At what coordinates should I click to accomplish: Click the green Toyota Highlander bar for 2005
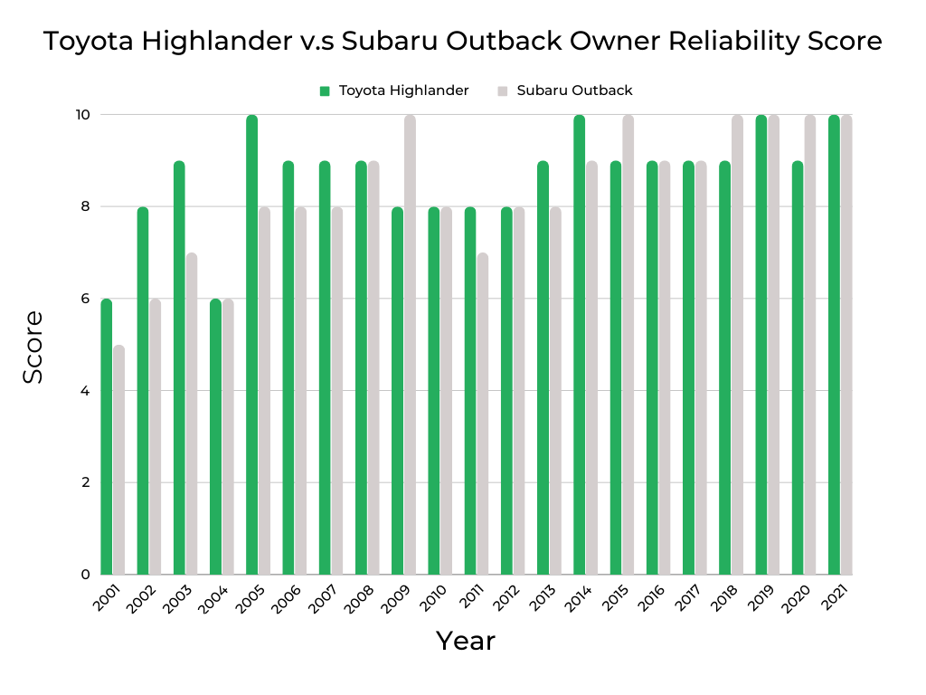251,345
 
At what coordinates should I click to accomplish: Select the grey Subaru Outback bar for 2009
410,345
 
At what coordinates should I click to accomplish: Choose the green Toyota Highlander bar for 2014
579,345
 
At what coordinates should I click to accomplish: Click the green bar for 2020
797,367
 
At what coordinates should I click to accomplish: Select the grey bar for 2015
628,345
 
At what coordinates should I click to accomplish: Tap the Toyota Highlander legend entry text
403,90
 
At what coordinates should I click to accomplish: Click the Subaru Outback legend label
574,90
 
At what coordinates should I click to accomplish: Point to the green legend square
325,90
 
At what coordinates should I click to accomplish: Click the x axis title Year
466,641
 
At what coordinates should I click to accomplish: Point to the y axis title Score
33,347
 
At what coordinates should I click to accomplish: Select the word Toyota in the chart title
86,42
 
